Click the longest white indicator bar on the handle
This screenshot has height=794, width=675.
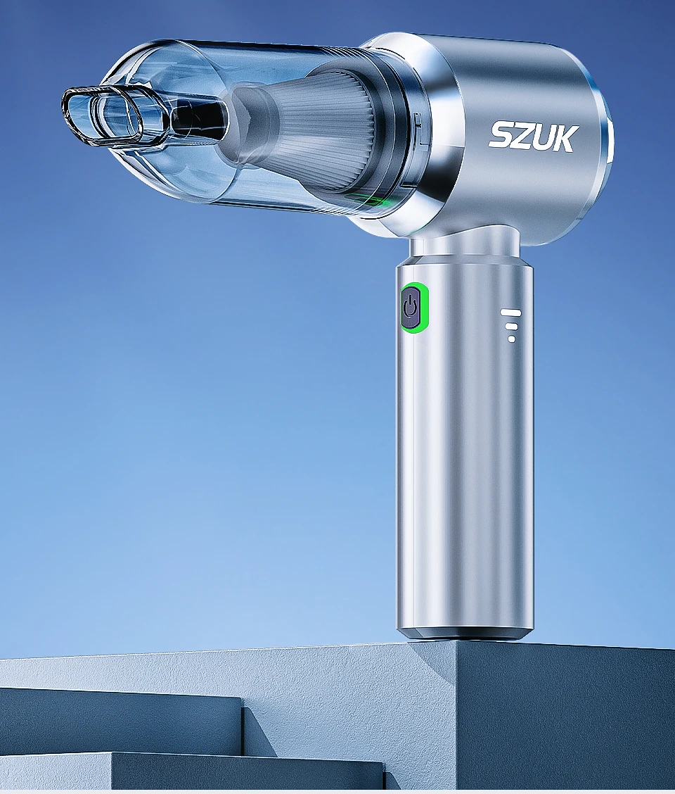(x=511, y=312)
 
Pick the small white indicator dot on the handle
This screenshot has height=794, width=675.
(x=511, y=339)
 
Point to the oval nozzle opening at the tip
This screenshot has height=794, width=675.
(x=102, y=116)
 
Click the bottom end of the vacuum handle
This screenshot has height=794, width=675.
(x=464, y=631)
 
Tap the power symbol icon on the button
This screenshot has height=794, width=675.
(x=411, y=307)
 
